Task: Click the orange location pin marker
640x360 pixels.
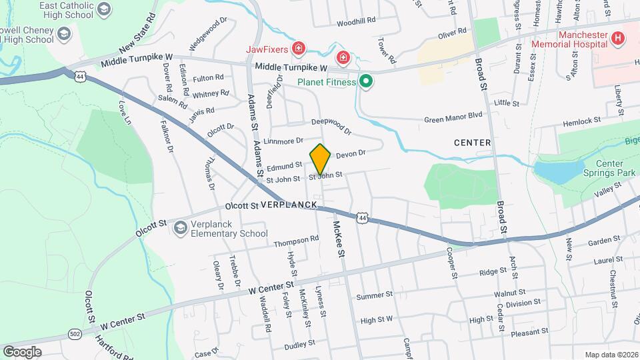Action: [x=321, y=159]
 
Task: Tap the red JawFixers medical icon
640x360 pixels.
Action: [x=299, y=49]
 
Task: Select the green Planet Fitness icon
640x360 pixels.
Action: [x=365, y=82]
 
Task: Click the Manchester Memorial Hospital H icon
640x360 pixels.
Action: [x=617, y=38]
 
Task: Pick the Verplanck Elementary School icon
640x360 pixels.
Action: [x=180, y=229]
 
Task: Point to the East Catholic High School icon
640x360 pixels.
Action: [x=104, y=9]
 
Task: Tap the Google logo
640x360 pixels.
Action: [x=22, y=351]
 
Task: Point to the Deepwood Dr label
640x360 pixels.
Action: [x=331, y=123]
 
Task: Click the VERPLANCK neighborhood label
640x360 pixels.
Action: [x=289, y=204]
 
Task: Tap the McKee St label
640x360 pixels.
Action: [x=339, y=240]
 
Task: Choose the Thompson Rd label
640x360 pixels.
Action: [x=296, y=240]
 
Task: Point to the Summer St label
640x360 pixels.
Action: [x=375, y=296]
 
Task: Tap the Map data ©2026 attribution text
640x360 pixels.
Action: [x=610, y=355]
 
